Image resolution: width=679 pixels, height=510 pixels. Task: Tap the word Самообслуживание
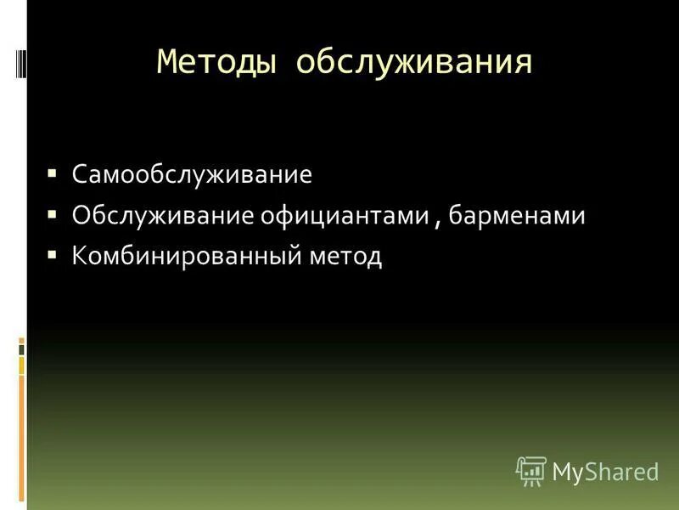point(192,176)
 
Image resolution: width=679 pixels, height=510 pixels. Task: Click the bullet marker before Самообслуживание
point(52,173)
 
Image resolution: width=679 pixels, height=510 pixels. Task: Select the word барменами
point(517,216)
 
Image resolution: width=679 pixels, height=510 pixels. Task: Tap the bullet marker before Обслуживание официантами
point(52,212)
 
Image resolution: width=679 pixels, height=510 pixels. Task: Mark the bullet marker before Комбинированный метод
point(52,252)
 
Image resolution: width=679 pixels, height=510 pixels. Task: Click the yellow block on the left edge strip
point(22,365)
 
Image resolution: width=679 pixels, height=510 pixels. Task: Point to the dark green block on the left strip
point(22,348)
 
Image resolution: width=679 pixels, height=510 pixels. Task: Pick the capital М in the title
point(168,62)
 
